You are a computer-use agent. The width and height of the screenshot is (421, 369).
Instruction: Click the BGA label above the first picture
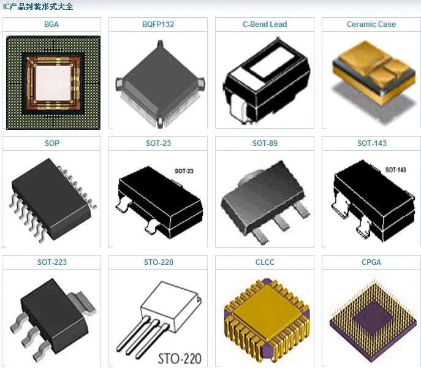point(51,25)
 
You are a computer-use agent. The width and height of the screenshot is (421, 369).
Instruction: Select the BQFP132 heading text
point(158,25)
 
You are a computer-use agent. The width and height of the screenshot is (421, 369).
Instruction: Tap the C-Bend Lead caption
point(265,25)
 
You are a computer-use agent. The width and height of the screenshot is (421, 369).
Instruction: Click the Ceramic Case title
point(371,25)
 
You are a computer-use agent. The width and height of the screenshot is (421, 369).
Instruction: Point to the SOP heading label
point(51,143)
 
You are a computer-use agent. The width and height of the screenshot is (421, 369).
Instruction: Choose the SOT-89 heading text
point(265,143)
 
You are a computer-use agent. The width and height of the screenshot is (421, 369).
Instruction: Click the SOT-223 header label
point(51,262)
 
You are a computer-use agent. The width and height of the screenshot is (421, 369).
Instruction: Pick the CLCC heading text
point(265,262)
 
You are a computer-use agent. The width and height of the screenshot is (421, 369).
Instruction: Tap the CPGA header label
point(371,262)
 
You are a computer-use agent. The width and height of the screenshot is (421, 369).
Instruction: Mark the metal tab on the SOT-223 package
point(80,300)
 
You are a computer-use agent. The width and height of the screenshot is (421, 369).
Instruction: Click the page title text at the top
point(37,7)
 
